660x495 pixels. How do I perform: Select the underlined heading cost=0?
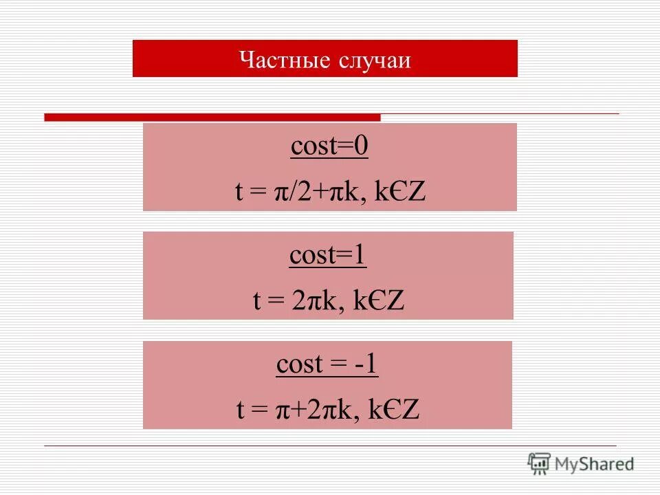[329, 146]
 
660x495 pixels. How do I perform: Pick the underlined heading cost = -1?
[327, 364]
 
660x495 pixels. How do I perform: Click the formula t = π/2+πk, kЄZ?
[331, 192]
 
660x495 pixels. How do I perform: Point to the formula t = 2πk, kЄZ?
[329, 301]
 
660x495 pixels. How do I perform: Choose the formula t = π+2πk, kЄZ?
[328, 410]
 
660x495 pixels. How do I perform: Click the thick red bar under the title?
[212, 118]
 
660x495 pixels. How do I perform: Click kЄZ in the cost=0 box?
[401, 192]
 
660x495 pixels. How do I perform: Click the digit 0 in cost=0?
[362, 146]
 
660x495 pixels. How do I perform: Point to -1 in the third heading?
[366, 364]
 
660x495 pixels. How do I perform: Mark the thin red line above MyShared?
[330, 445]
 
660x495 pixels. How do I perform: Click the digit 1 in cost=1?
[360, 255]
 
